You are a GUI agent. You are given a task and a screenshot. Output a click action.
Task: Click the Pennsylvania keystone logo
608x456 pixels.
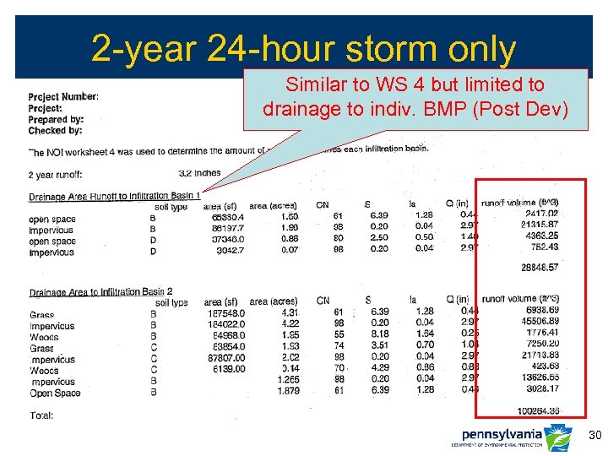557,437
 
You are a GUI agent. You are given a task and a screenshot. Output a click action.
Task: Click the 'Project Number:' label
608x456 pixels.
63,97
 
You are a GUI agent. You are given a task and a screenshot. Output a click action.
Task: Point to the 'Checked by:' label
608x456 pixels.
55,131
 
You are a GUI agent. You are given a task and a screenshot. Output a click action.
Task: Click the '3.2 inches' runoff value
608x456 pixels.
199,173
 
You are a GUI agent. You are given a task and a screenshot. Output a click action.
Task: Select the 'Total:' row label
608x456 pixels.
41,415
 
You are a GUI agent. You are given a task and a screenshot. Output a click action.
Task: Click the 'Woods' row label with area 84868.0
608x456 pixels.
44,337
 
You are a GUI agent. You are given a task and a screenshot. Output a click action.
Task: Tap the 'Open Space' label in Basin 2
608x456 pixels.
55,393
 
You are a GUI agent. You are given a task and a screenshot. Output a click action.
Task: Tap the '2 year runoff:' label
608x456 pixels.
56,175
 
